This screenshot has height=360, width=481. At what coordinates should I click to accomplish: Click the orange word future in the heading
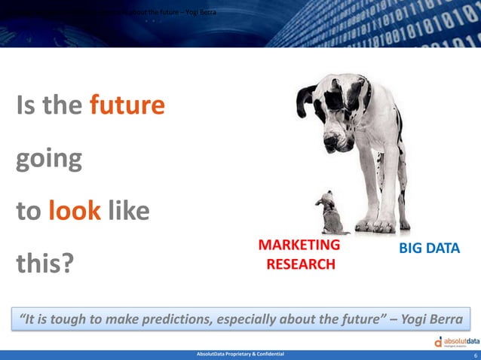(127, 105)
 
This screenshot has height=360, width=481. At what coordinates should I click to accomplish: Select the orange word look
(75, 211)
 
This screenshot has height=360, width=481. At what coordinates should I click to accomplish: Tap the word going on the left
(49, 160)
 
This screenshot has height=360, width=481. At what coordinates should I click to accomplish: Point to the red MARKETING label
(299, 245)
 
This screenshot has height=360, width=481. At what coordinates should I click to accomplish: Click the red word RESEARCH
(300, 264)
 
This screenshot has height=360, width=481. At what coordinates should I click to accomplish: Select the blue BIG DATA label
(429, 249)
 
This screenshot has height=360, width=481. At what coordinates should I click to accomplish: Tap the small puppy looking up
(329, 212)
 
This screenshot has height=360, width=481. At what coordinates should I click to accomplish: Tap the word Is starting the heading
(28, 105)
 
